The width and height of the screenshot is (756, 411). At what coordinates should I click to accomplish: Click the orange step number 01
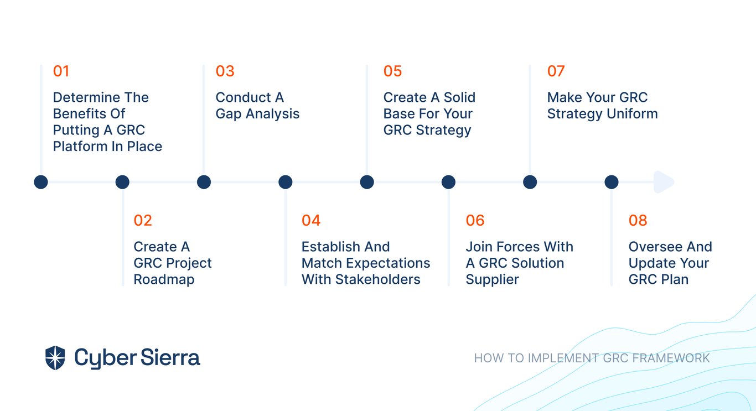tap(61, 71)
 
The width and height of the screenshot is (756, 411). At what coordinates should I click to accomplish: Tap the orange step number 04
tap(311, 220)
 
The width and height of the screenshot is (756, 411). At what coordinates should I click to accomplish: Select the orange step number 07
tap(556, 71)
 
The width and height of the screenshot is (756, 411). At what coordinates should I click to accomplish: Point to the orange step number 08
tap(638, 220)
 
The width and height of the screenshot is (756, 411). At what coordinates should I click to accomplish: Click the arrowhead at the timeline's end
tap(664, 182)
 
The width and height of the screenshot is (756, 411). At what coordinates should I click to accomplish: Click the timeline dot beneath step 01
tap(41, 182)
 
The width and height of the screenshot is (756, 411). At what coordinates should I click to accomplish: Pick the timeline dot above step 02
tap(122, 182)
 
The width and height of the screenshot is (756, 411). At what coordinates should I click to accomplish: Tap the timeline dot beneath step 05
tap(367, 182)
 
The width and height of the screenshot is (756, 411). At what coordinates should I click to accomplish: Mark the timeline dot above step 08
tap(611, 182)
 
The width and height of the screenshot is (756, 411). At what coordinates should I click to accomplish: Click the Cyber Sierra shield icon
tap(55, 358)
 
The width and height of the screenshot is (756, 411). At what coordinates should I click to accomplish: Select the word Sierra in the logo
tap(170, 357)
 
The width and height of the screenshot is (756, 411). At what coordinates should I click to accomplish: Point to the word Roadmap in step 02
tap(164, 280)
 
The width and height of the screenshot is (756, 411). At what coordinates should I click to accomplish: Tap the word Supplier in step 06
tap(492, 280)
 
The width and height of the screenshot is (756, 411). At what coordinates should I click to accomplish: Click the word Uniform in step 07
tap(632, 114)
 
